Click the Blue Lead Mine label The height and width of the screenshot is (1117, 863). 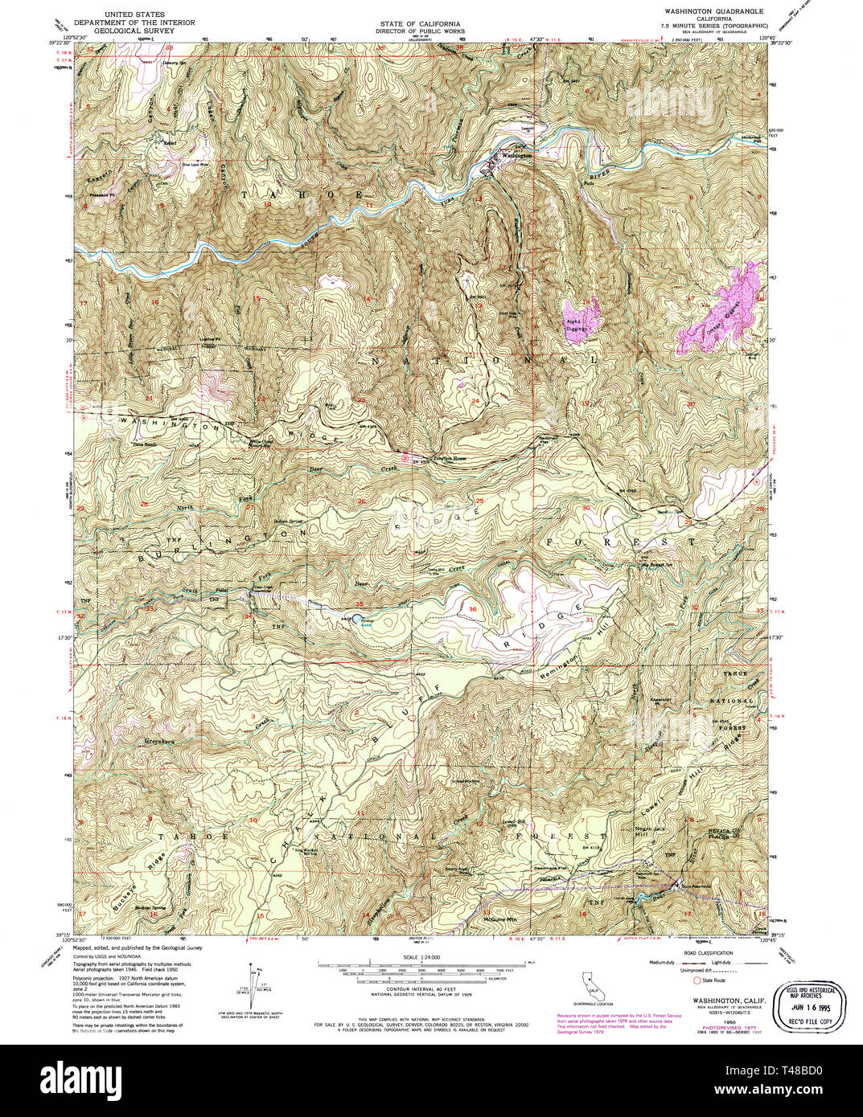pos(195,165)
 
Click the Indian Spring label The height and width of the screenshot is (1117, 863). pos(291,522)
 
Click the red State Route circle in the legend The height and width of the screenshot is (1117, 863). pos(697,980)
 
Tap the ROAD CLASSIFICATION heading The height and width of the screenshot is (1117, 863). pos(709,947)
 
